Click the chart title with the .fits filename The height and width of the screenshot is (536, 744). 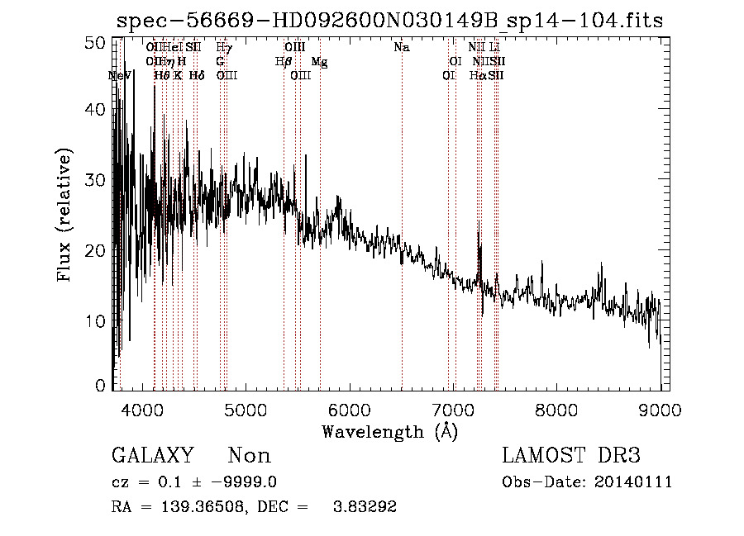click(389, 21)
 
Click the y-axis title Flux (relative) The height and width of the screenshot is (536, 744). click(65, 215)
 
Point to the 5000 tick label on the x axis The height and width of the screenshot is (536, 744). click(246, 410)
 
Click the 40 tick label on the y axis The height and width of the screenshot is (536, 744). click(97, 109)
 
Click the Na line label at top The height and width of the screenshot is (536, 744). click(402, 48)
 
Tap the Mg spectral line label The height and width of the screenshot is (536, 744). click(319, 62)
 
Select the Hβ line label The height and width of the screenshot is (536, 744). click(284, 62)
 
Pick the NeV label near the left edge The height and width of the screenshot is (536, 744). click(121, 76)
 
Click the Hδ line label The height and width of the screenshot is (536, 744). click(197, 76)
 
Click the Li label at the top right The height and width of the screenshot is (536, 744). click(495, 48)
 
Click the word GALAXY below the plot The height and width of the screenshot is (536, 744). click(152, 456)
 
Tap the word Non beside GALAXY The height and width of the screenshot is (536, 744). click(250, 456)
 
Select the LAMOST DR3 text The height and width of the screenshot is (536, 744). click(571, 456)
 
